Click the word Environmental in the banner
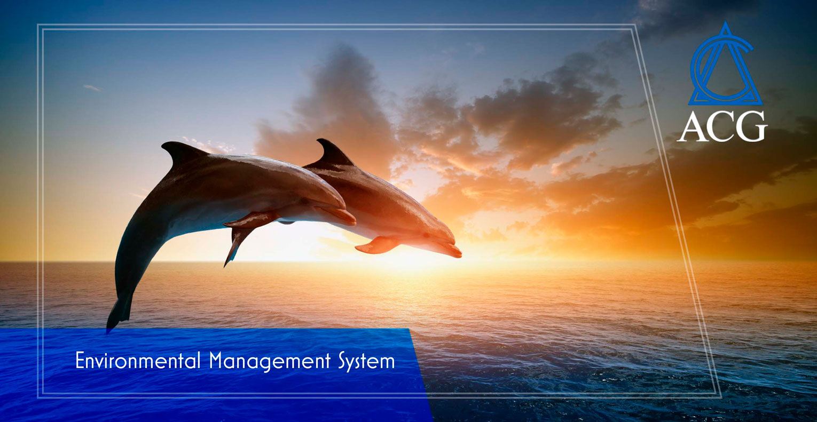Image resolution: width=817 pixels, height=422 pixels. (138, 361)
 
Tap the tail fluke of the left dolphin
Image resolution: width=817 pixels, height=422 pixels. (120, 313)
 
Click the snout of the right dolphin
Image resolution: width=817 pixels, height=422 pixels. (452, 250)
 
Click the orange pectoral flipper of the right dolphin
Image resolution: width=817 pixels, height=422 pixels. (377, 245)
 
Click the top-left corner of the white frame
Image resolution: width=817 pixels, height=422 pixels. (38, 25)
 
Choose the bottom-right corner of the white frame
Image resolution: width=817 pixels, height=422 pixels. (721, 397)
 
